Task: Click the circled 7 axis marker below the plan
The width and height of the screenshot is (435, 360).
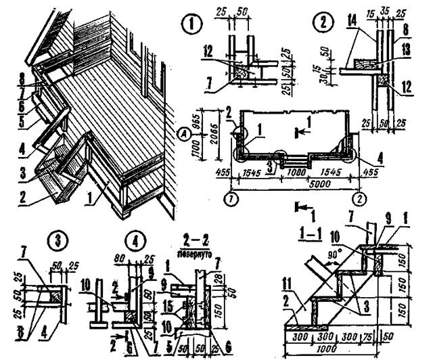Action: [231, 200]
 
